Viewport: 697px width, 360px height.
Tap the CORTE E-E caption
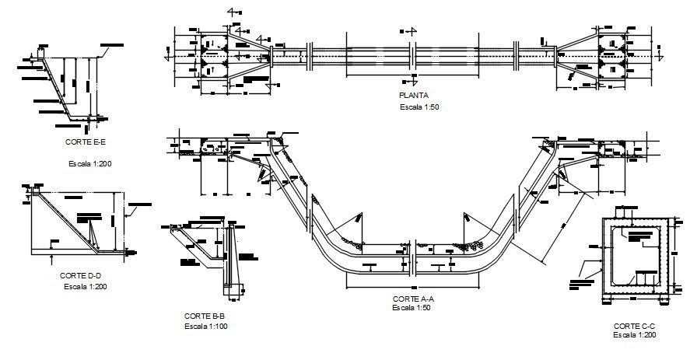86,143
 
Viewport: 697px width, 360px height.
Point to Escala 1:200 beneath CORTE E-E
92,164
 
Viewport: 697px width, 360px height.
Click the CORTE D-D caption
80,275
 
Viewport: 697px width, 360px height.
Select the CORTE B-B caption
204,316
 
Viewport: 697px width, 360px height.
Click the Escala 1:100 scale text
206,327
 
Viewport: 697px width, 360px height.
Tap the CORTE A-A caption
413,299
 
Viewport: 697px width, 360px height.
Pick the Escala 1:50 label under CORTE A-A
413,308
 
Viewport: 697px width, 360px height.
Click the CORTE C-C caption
633,325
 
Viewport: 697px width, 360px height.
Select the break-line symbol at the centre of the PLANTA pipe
414,57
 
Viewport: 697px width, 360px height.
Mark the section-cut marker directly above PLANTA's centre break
408,31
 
